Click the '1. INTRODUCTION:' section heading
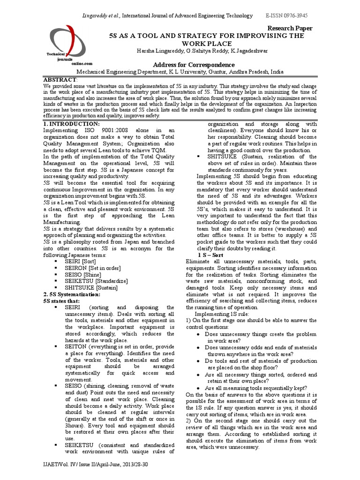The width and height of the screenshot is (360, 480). pos(71,123)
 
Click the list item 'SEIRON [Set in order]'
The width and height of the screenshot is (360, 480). pos(93,268)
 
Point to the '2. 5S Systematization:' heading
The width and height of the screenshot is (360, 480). pos(72,294)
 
